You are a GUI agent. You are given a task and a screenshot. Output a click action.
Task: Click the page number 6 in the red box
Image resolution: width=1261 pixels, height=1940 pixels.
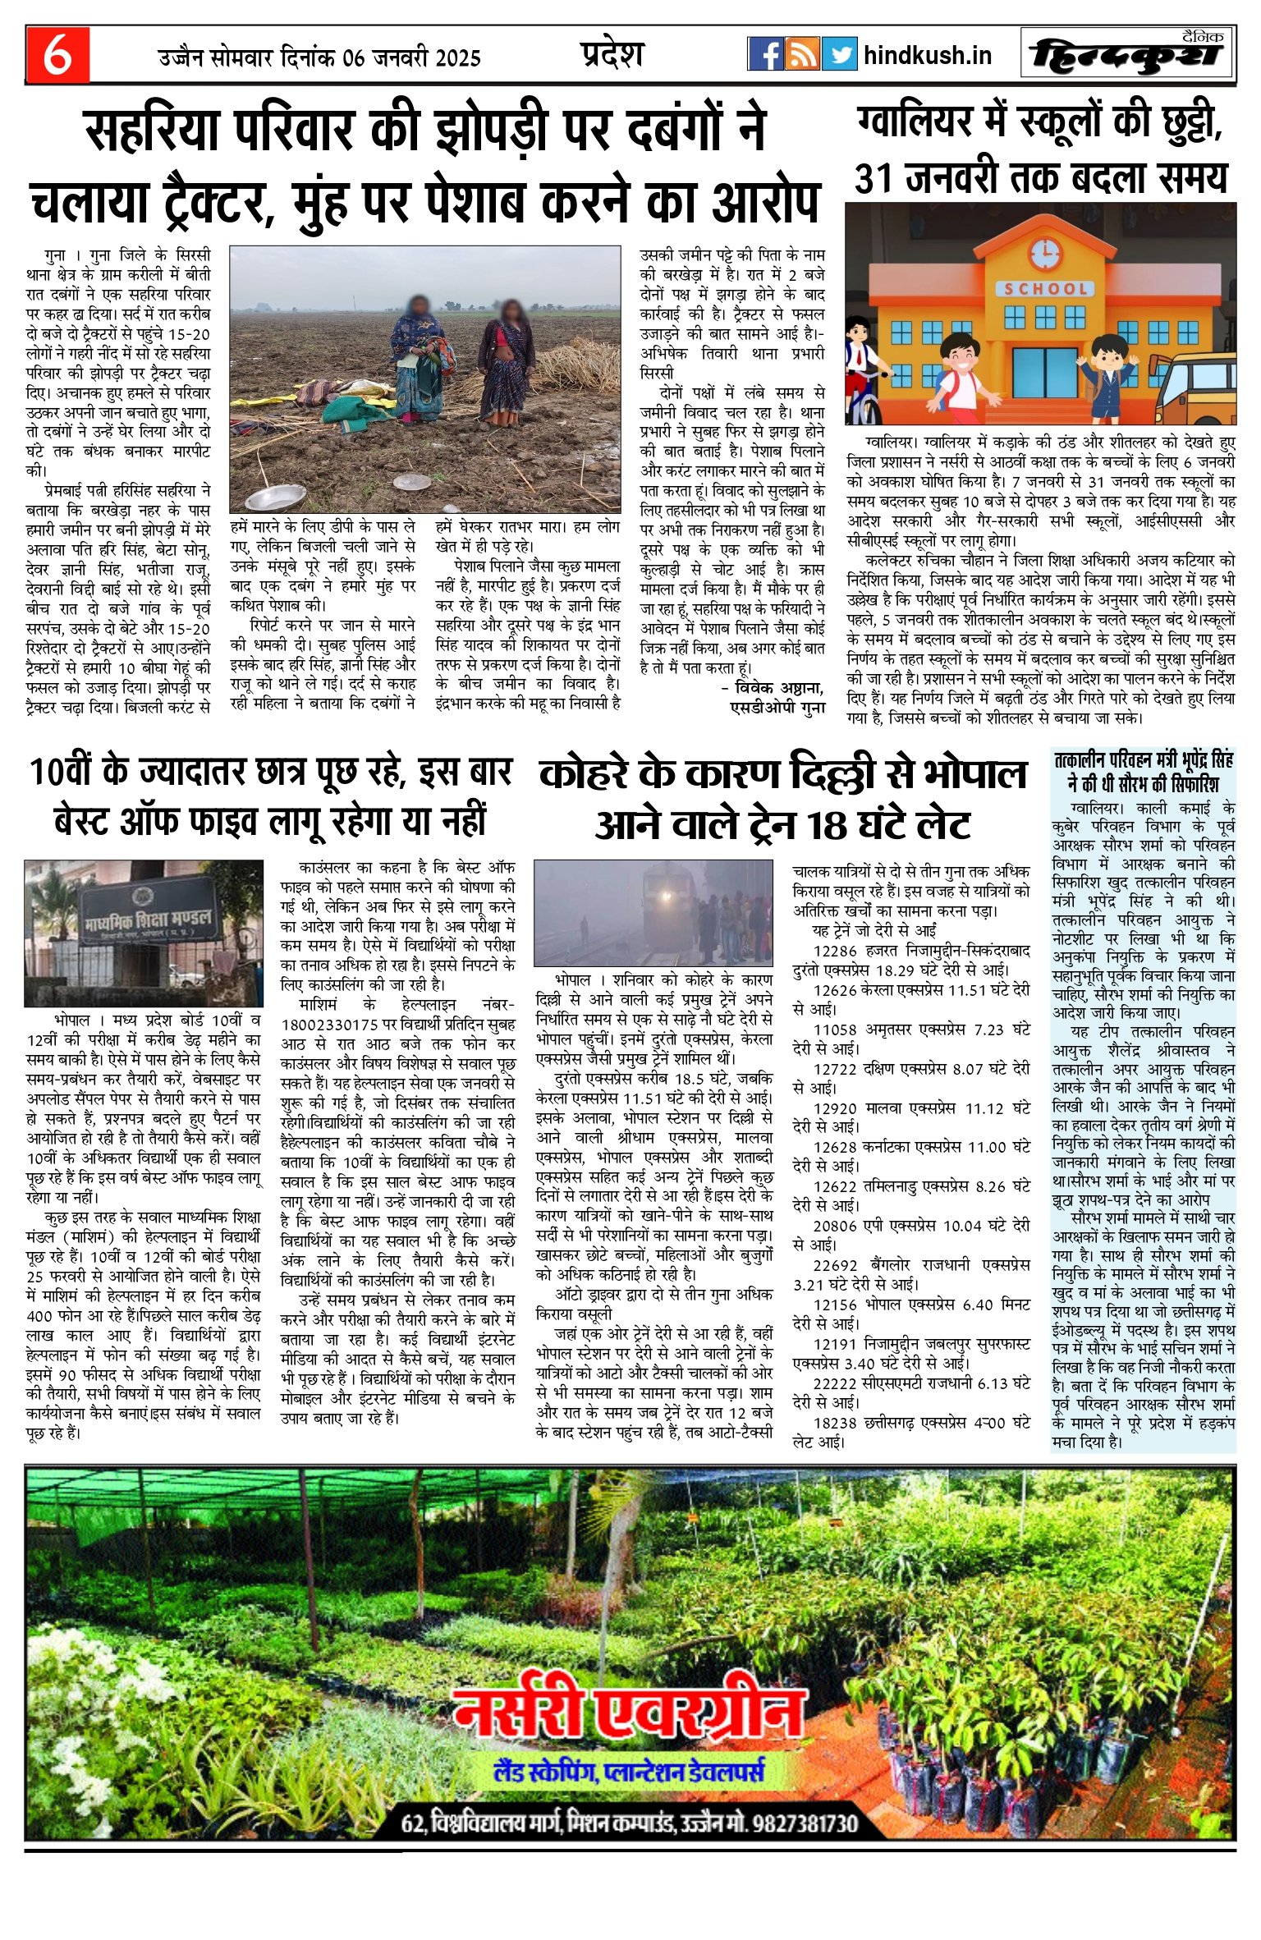(x=57, y=55)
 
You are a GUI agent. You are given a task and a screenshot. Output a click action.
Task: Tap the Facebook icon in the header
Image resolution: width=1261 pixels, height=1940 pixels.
(x=765, y=54)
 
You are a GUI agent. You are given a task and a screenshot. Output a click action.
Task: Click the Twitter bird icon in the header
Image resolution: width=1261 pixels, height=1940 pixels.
(x=839, y=54)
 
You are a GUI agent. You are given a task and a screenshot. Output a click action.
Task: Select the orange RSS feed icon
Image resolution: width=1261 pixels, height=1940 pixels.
(x=802, y=54)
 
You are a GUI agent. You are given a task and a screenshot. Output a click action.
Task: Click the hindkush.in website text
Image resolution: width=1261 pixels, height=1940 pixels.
(x=928, y=56)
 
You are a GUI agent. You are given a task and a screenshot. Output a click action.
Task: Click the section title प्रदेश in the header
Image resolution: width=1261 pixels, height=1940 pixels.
(x=612, y=55)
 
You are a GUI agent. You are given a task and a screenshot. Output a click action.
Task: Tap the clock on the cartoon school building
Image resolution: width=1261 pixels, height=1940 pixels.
(x=1045, y=254)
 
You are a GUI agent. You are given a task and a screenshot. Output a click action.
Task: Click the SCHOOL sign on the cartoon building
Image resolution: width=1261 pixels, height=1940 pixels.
(x=1045, y=289)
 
